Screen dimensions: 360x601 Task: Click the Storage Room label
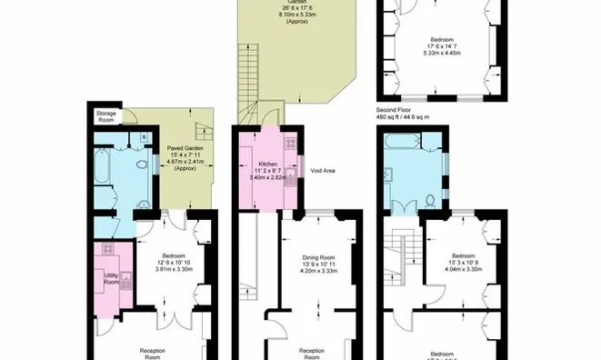coord(107,116)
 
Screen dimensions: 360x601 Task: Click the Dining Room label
coord(319,257)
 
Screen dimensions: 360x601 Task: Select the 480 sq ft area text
coord(403,116)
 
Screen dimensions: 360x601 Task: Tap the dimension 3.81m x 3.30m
coord(175,269)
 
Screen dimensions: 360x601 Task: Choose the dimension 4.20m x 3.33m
coord(319,271)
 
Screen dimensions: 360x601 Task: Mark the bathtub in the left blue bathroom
coord(102,171)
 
